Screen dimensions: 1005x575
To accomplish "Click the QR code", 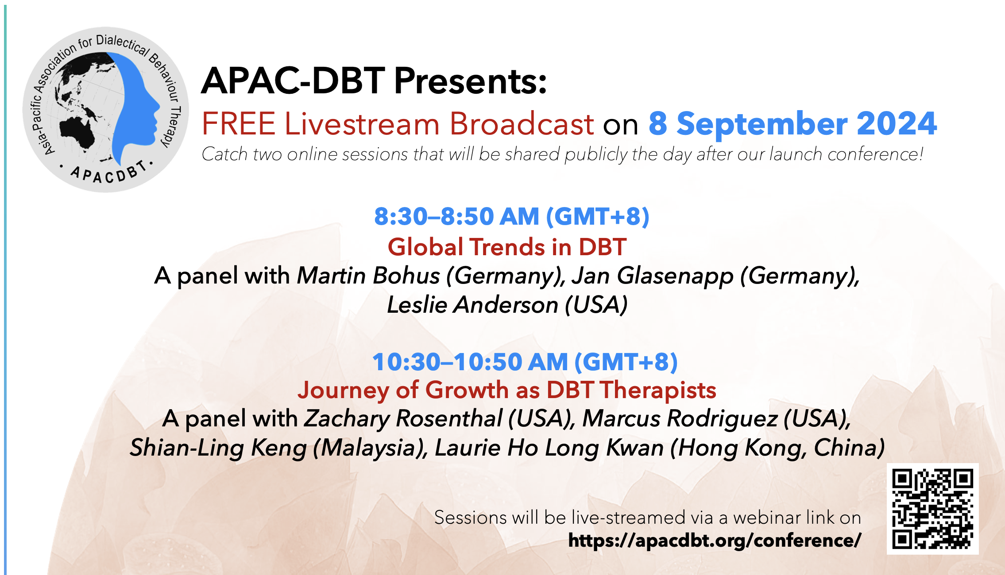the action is [932, 509].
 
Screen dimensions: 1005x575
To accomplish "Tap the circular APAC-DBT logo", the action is [105, 109].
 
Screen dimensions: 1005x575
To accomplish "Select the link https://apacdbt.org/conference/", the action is [715, 540].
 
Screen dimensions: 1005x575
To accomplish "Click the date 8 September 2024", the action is [792, 123].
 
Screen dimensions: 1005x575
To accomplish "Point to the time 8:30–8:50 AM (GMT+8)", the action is [512, 217].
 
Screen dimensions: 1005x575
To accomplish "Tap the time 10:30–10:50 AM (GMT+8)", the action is [525, 362].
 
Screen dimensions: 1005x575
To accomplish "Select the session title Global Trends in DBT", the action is [507, 247].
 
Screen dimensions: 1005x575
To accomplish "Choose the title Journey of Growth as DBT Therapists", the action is [507, 391].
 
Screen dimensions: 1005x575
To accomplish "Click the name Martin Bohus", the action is [368, 276].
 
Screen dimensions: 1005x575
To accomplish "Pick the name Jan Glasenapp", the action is [653, 276].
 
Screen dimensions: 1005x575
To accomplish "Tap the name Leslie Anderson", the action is [472, 305].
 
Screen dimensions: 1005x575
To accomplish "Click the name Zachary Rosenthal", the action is [403, 419].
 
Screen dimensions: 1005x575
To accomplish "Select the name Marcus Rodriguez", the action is [680, 419].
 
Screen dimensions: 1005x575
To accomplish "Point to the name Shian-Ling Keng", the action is [218, 448].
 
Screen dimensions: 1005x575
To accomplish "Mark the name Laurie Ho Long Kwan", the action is [549, 448].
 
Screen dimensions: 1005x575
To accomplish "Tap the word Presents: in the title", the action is [471, 81].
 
